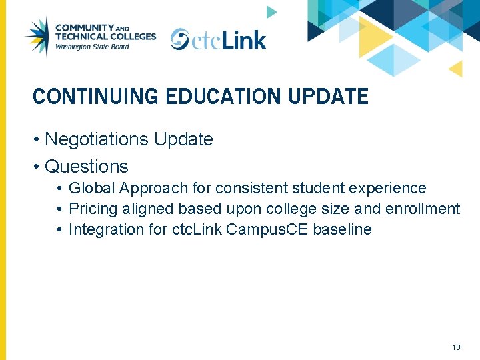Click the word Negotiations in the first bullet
pos(97,139)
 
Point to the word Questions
pos(86,166)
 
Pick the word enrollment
pos(422,209)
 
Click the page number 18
pos(456,347)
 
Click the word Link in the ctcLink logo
pos(244,40)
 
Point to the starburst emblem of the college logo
pos(37,36)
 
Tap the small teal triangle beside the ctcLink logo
pos(271,11)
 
